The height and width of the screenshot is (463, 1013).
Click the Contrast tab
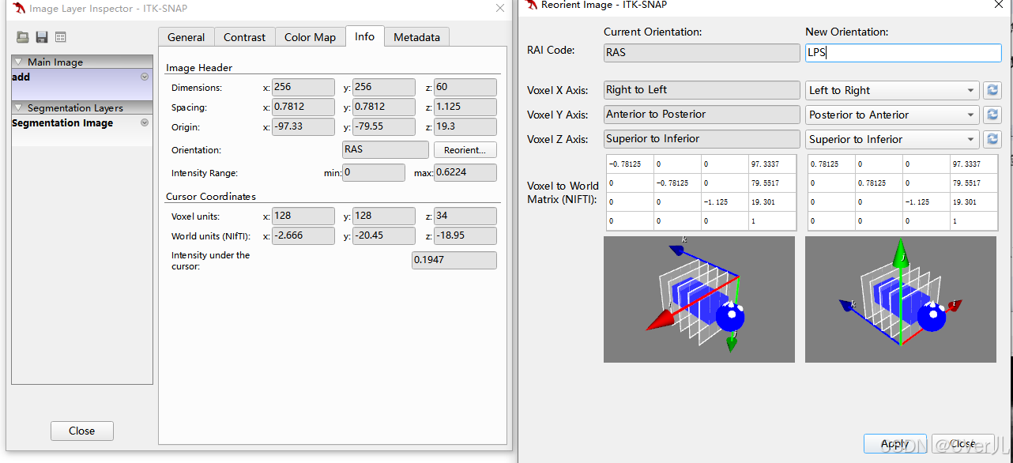245,37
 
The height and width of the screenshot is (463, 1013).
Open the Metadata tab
416,37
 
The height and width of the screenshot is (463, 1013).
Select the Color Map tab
310,37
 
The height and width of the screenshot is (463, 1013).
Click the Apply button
894,443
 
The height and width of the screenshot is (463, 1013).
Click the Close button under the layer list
82,431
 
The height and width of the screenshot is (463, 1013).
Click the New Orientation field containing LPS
903,53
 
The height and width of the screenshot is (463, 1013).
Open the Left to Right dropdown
892,90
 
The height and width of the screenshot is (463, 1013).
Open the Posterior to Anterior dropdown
892,115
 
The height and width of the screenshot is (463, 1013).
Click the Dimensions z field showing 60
465,87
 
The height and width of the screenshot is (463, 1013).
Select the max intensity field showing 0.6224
465,173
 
